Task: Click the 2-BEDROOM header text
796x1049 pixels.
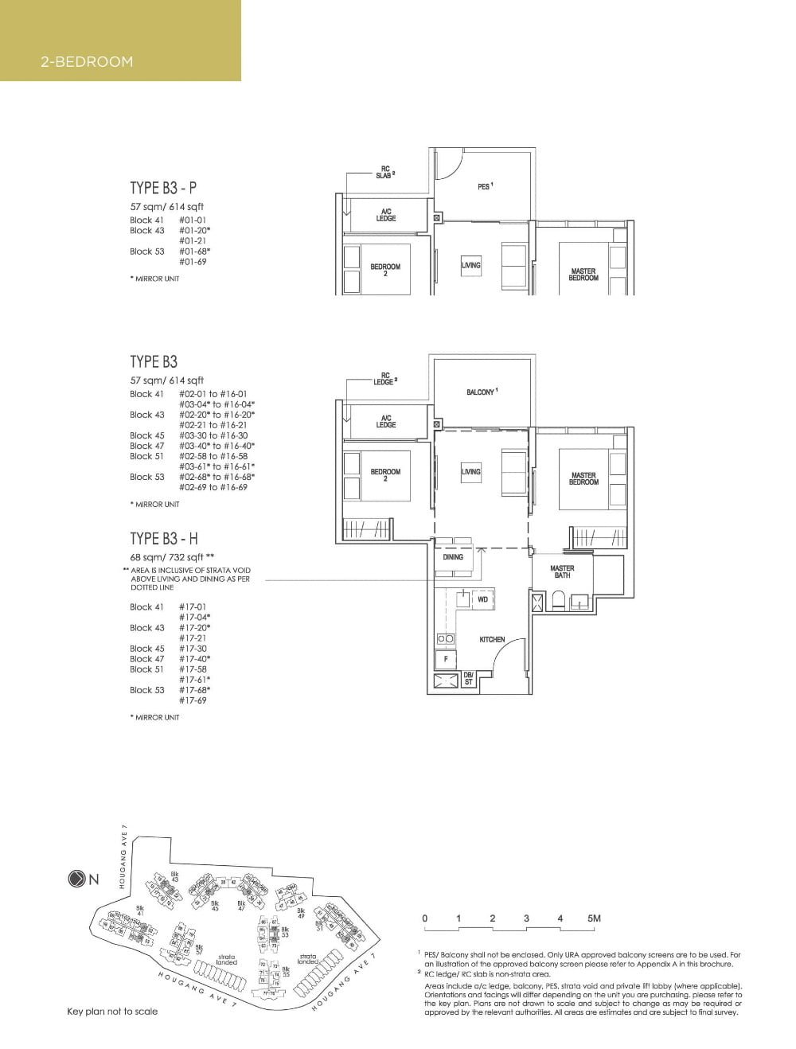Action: (x=87, y=61)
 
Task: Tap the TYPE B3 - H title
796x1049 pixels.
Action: (x=164, y=540)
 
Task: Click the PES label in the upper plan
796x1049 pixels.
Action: (x=485, y=186)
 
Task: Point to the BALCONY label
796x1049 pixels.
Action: (x=482, y=392)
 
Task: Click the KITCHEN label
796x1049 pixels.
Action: (x=491, y=639)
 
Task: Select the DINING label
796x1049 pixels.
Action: (x=453, y=557)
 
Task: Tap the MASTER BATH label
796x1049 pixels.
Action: (x=562, y=571)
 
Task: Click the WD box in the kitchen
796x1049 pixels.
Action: (x=482, y=599)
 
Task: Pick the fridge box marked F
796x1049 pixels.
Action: (x=446, y=659)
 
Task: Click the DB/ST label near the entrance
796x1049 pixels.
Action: (x=468, y=678)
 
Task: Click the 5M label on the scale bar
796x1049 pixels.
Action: (x=594, y=918)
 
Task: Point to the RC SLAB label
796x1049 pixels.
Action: (x=384, y=173)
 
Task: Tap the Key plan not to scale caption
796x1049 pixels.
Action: (x=112, y=1012)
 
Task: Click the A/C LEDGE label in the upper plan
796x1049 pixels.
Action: (x=386, y=215)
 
